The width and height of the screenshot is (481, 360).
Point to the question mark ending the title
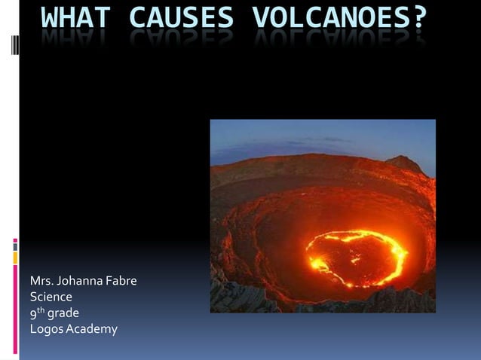pos(418,19)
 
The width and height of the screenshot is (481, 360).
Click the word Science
pos(51,297)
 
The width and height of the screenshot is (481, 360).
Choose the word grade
pos(63,313)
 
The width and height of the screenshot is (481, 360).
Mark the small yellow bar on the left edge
pos(15,258)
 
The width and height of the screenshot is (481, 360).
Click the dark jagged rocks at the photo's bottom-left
pos(234,298)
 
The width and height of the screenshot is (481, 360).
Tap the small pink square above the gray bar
pos(15,244)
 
